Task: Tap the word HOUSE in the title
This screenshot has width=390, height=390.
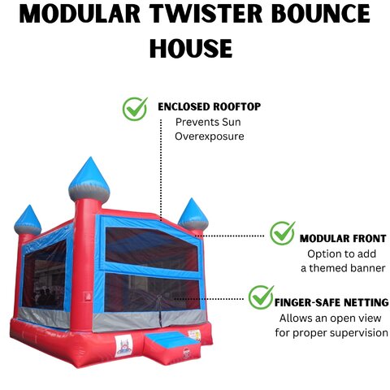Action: coord(191,48)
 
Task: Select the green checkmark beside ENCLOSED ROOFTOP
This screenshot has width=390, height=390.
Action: coord(135,109)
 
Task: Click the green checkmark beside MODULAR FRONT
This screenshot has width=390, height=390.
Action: coord(283,233)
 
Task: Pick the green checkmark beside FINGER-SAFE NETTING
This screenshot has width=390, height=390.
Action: coord(261,297)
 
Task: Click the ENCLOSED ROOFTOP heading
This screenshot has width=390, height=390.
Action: coord(210,106)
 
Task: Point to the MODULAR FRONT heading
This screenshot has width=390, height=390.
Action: coord(343,238)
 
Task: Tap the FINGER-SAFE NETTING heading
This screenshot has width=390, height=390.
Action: coord(331,302)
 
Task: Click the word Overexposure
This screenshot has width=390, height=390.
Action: coord(210,136)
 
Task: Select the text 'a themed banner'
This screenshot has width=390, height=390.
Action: coord(343,268)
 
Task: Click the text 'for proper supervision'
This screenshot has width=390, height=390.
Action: coord(331,332)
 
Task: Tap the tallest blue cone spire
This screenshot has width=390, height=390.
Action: coord(89,178)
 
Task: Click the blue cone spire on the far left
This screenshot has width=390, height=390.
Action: coord(28,219)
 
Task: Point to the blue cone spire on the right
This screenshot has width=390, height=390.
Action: coord(193,214)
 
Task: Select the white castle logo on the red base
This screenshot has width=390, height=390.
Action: coord(123,346)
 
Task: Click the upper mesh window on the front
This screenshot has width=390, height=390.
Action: coord(151,249)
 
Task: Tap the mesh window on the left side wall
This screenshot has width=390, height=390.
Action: coord(44,275)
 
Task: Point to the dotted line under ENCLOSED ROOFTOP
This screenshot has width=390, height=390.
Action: coord(161,170)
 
